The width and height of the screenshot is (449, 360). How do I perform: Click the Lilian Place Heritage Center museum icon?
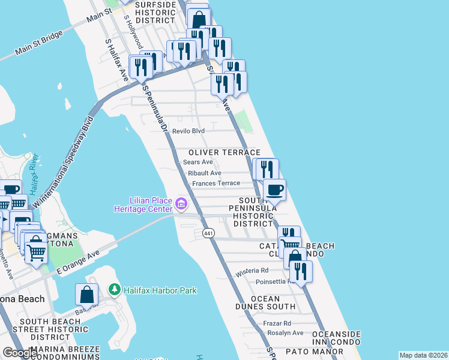pyautogui.click(x=181, y=205)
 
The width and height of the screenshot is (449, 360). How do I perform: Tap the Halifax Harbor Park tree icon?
pyautogui.click(x=114, y=290)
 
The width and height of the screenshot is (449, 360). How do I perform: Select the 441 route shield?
pyautogui.click(x=208, y=233)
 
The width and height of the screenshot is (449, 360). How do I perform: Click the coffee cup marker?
pyautogui.click(x=274, y=190)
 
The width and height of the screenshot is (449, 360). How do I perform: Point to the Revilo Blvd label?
pyautogui.click(x=188, y=131)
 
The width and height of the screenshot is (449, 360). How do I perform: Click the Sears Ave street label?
pyautogui.click(x=198, y=162)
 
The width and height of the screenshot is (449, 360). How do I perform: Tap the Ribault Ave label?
pyautogui.click(x=205, y=173)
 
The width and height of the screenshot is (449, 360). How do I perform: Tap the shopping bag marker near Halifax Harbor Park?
pyautogui.click(x=86, y=295)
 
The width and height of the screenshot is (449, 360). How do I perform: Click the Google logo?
pyautogui.click(x=19, y=353)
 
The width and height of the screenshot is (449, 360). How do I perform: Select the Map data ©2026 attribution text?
pyautogui.click(x=423, y=355)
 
